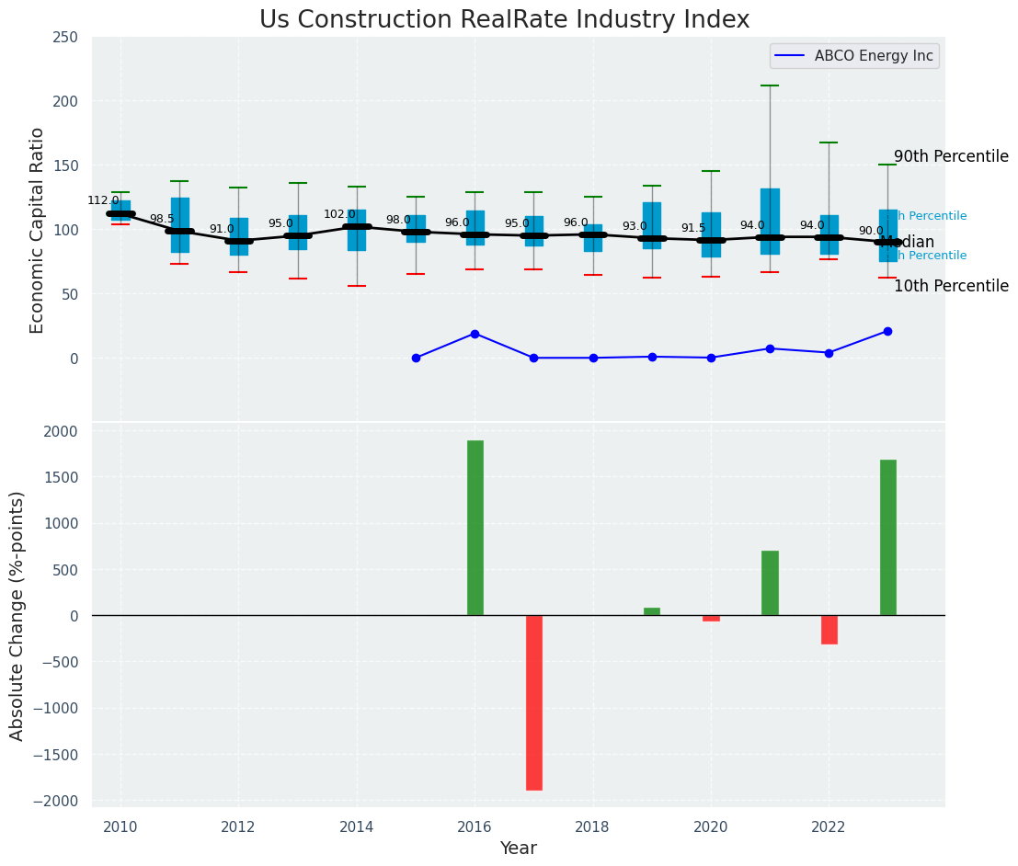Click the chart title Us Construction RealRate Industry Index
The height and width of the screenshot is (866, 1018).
coord(504,20)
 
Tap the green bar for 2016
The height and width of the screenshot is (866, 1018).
coord(475,528)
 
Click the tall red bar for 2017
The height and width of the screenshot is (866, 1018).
coord(534,702)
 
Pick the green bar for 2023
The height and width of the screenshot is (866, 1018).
coord(888,537)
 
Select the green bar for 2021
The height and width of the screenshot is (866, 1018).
coord(770,583)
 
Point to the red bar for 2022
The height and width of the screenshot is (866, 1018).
coord(829,630)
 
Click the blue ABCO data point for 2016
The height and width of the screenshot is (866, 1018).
coord(475,334)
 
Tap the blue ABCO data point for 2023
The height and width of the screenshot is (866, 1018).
coord(887,331)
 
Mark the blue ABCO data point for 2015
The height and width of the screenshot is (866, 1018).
coord(416,358)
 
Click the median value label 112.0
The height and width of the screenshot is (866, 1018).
coord(103,200)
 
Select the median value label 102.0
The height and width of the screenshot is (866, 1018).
coord(339,214)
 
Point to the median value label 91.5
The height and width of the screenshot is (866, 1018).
coord(693,228)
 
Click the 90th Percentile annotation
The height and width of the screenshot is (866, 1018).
coord(951,156)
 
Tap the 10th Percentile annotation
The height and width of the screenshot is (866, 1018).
coord(951,286)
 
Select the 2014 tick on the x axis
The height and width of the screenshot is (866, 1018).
coord(357,826)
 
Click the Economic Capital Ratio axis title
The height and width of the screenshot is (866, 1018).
coord(38,230)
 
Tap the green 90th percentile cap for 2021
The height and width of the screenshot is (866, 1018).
coord(770,85)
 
